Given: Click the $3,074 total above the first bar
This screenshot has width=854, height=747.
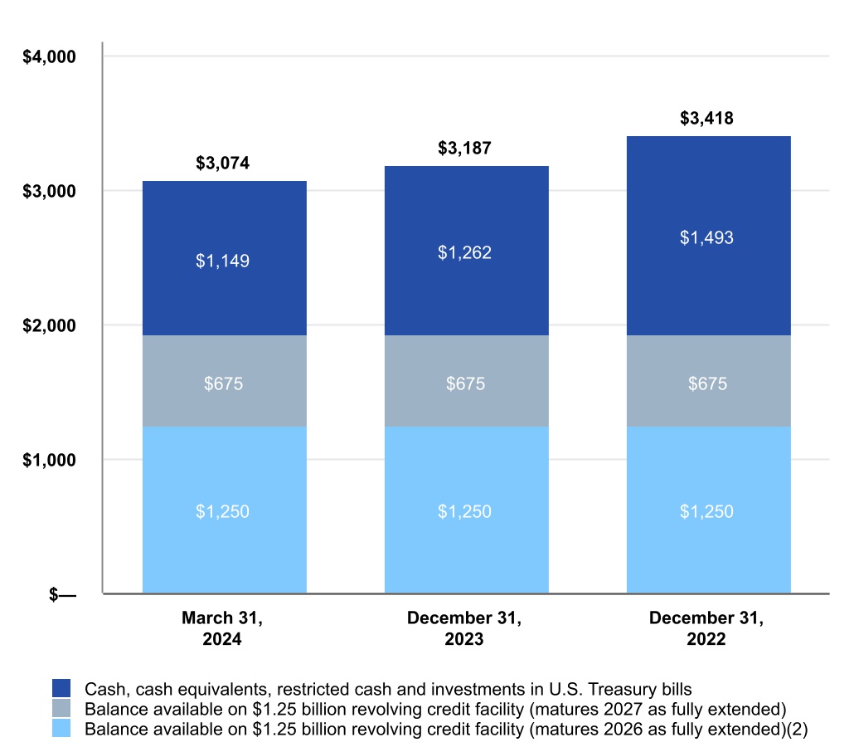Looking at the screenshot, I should click(x=222, y=163).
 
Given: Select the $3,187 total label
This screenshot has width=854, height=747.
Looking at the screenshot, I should click(x=464, y=149).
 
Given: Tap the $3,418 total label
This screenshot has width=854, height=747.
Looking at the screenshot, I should click(x=706, y=118).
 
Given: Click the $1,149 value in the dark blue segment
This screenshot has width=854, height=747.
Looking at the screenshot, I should click(x=222, y=261).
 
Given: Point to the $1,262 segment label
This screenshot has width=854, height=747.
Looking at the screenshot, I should click(x=464, y=252).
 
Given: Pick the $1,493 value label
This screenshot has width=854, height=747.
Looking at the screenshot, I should click(x=706, y=237).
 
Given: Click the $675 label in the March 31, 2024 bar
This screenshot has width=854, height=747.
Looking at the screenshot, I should click(x=222, y=383).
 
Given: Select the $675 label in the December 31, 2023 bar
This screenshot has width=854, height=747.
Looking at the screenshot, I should click(x=464, y=383).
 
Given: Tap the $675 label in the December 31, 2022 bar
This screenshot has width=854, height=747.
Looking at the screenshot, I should click(x=706, y=383).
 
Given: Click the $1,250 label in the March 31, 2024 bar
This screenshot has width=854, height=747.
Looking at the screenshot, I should click(x=222, y=511).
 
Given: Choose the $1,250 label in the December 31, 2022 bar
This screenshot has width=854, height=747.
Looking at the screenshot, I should click(x=706, y=511).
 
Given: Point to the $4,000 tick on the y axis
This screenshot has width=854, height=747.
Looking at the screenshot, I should click(x=48, y=57).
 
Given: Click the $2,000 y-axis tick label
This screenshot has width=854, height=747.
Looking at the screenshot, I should click(x=48, y=325).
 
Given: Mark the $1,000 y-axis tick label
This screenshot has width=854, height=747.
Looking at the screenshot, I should click(x=48, y=460).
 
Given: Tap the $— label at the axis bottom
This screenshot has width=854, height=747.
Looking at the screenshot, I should click(x=62, y=594).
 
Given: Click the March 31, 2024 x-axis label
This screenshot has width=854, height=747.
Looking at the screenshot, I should click(x=222, y=628).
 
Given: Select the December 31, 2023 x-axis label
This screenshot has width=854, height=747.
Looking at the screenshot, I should click(x=464, y=628).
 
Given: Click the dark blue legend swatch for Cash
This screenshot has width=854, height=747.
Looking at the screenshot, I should click(x=62, y=688).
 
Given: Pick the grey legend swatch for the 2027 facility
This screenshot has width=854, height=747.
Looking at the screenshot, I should click(x=62, y=708).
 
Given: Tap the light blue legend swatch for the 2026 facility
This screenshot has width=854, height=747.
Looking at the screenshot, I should click(x=62, y=728).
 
